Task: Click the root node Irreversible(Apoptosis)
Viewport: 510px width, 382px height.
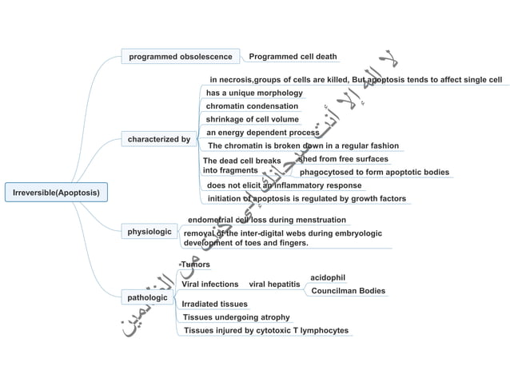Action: (56, 193)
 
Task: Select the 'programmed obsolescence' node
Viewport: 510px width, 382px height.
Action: (181, 57)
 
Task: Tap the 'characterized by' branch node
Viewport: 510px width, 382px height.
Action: (159, 139)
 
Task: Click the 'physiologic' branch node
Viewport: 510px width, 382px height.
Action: (150, 232)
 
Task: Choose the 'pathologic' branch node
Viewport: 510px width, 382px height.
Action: (148, 297)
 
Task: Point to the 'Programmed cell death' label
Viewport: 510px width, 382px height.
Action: (293, 57)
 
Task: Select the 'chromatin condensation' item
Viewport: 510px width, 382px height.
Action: (252, 106)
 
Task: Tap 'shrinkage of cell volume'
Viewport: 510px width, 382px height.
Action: (252, 119)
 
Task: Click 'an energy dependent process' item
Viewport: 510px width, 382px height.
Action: (262, 133)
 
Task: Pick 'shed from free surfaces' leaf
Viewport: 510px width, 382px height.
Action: (343, 159)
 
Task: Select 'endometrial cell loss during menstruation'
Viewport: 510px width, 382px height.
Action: (266, 220)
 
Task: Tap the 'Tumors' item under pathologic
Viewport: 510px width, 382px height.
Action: (195, 265)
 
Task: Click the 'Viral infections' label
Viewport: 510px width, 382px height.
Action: (209, 284)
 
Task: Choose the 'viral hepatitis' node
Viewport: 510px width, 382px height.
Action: (274, 284)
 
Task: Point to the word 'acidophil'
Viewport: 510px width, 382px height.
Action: (327, 277)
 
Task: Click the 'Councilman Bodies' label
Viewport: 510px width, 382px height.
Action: (348, 291)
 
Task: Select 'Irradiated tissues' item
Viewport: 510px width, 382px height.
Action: (214, 304)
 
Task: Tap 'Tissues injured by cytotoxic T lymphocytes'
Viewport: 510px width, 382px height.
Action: (265, 330)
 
